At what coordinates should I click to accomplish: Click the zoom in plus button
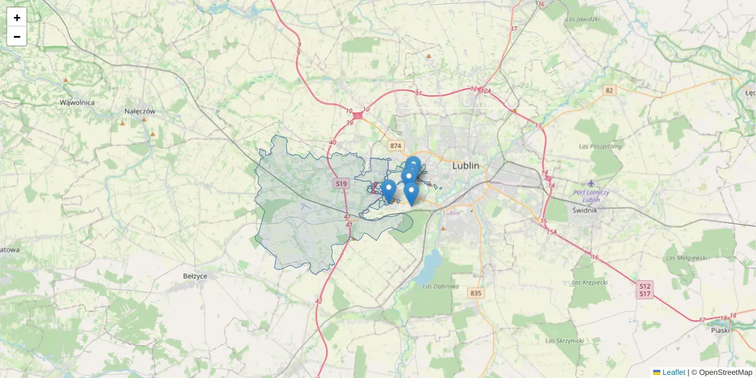coord(17,18)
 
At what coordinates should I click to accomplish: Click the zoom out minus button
coord(17,37)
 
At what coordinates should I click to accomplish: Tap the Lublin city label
coord(466,166)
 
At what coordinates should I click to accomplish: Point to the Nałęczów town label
coord(139,111)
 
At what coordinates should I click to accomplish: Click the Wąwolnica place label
coord(77,102)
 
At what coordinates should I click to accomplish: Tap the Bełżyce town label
coord(195,276)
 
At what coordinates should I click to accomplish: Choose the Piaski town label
coord(719,329)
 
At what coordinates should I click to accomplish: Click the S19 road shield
coord(341,184)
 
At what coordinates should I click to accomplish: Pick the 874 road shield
coord(395,146)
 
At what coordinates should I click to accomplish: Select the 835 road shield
coord(476,293)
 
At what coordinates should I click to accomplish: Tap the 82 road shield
coord(608,90)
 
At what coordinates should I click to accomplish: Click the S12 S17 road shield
coord(644,290)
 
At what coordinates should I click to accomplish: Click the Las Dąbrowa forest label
coord(441,287)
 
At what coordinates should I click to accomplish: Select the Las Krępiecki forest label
coord(590,282)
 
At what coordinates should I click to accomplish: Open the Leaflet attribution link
coord(673,372)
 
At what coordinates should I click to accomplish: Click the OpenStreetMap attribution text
coord(725,372)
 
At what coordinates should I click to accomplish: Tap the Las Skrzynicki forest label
coord(565,341)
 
